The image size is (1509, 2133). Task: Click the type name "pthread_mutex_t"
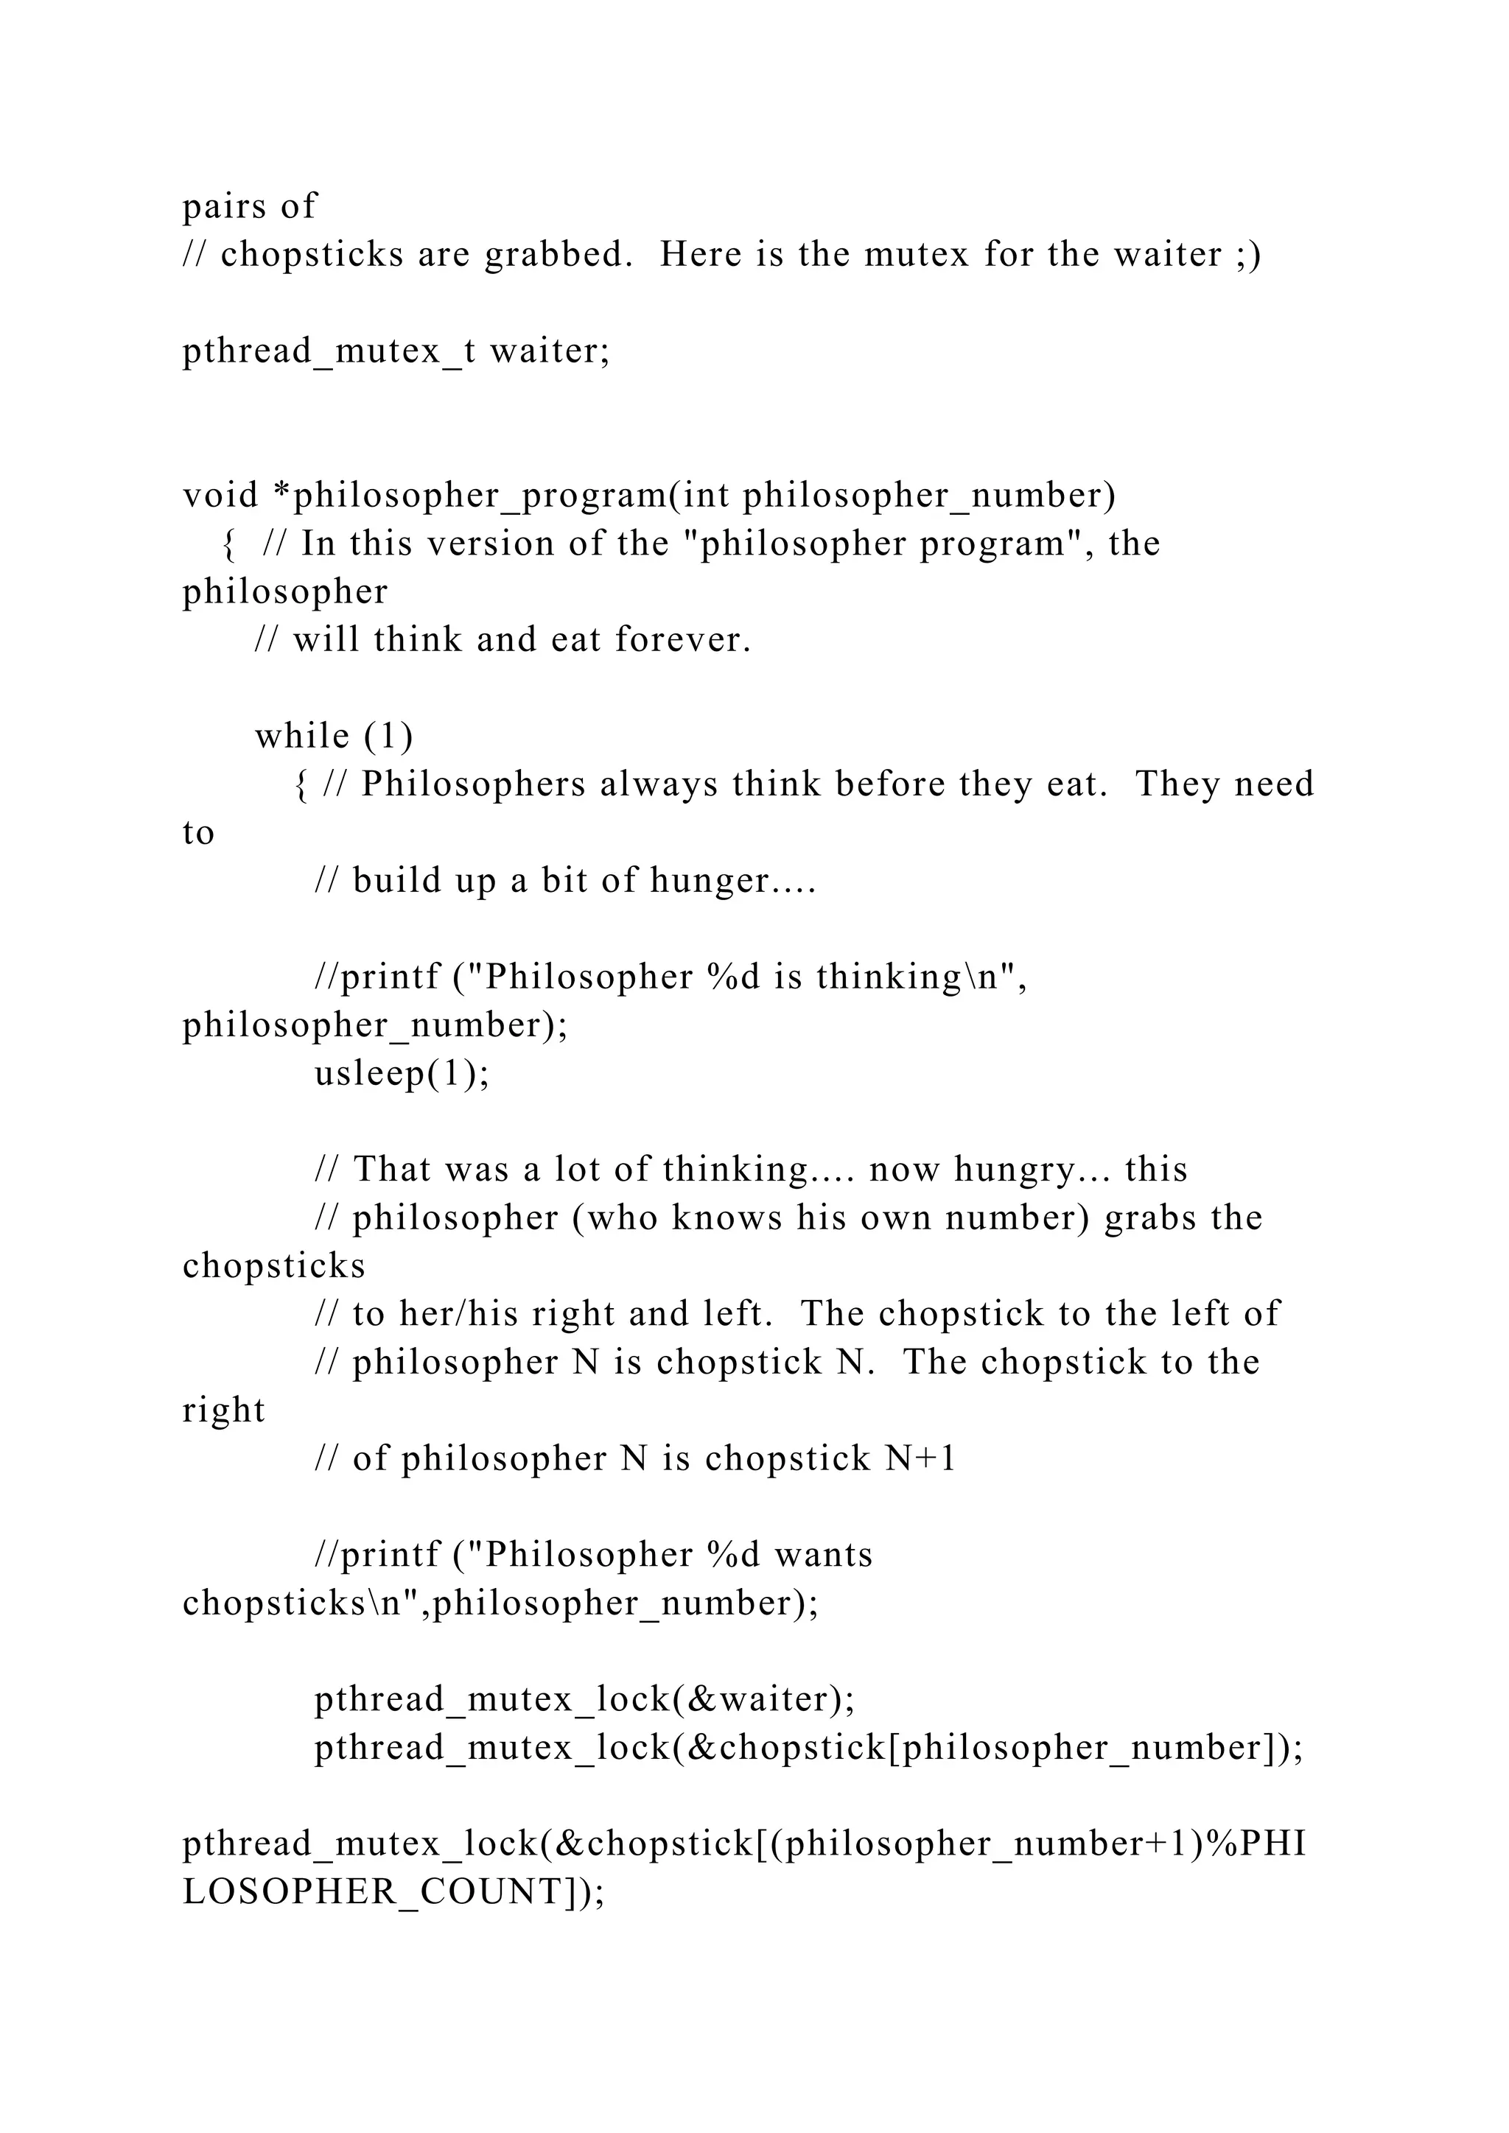tap(329, 351)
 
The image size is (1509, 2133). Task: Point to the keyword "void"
tap(220, 495)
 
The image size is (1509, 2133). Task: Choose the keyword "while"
tap(302, 737)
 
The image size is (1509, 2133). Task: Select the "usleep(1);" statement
tap(402, 1074)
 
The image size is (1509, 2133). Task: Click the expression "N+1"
tap(921, 1458)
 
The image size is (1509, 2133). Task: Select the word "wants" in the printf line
tap(823, 1555)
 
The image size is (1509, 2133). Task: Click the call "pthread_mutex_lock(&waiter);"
tap(584, 1699)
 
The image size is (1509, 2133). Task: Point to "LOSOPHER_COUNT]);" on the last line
tap(394, 1892)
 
